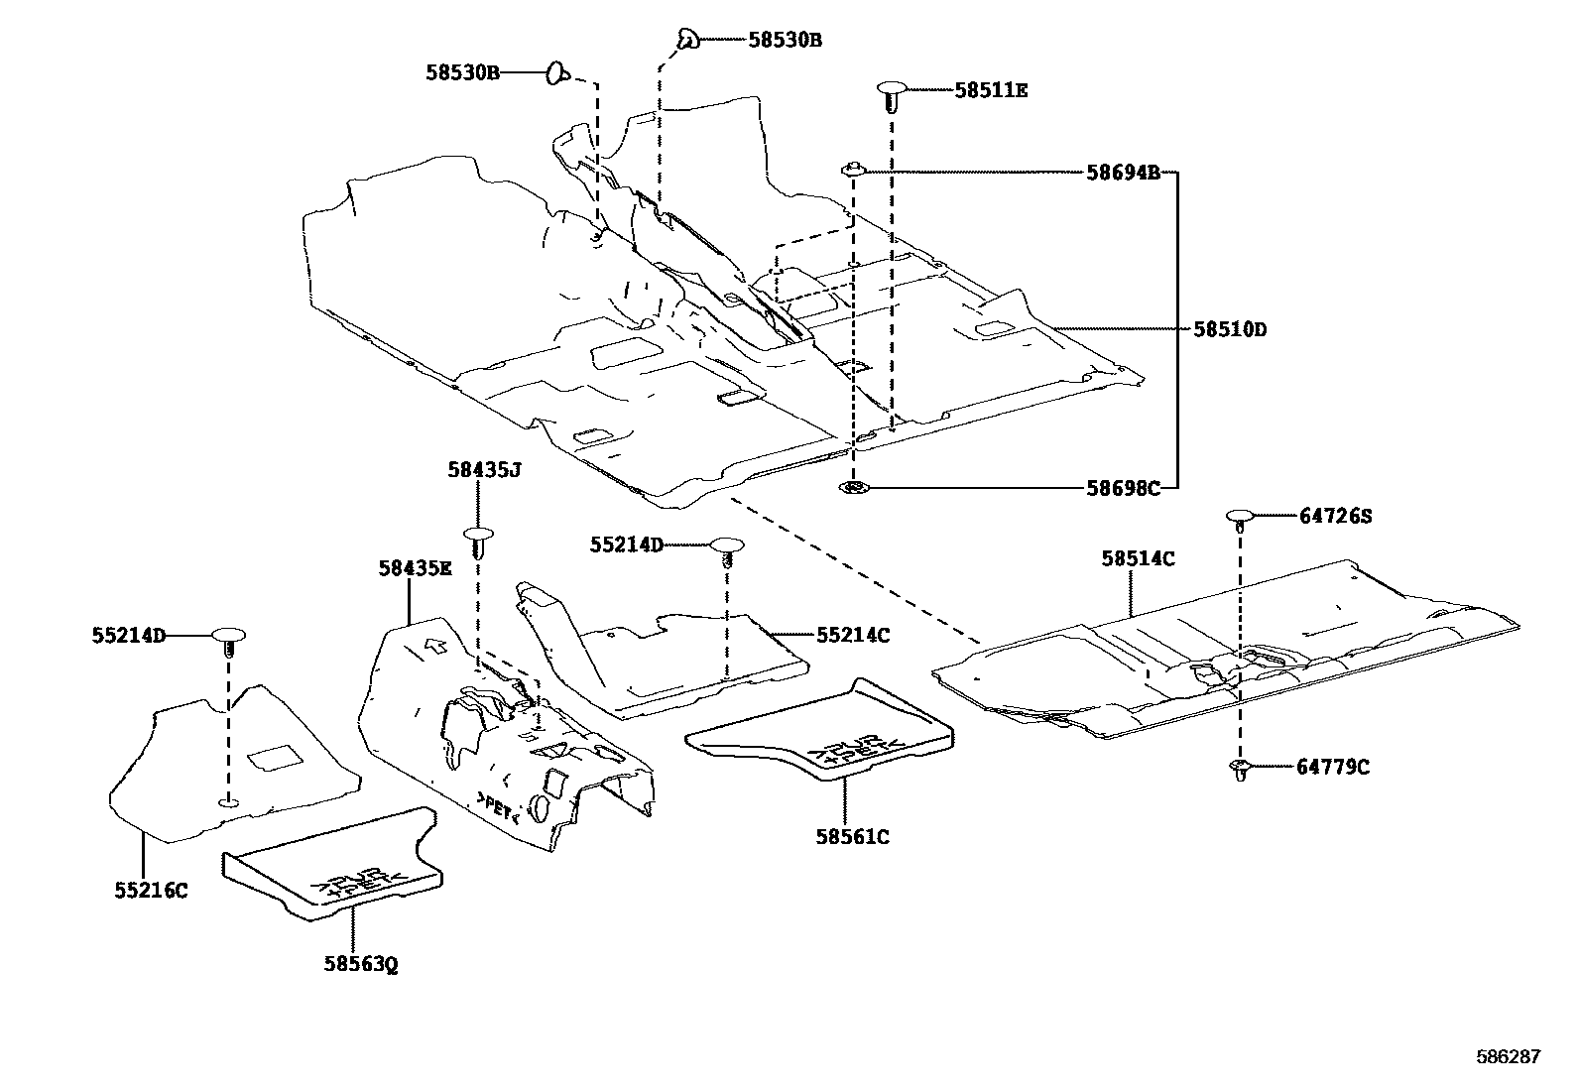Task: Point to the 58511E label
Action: pos(991,90)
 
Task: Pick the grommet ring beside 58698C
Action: pos(853,487)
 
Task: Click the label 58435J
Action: pos(483,472)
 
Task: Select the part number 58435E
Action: pos(415,568)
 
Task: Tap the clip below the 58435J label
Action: pos(479,542)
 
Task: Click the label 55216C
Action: pos(151,891)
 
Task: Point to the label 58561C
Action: pos(852,837)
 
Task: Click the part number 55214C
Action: pos(853,635)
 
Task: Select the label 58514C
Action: pos(1138,559)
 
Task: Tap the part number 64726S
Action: pos(1335,516)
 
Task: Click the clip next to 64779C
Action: pos(1240,768)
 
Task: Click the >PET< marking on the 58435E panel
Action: pos(498,808)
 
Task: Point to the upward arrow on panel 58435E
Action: pos(433,647)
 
